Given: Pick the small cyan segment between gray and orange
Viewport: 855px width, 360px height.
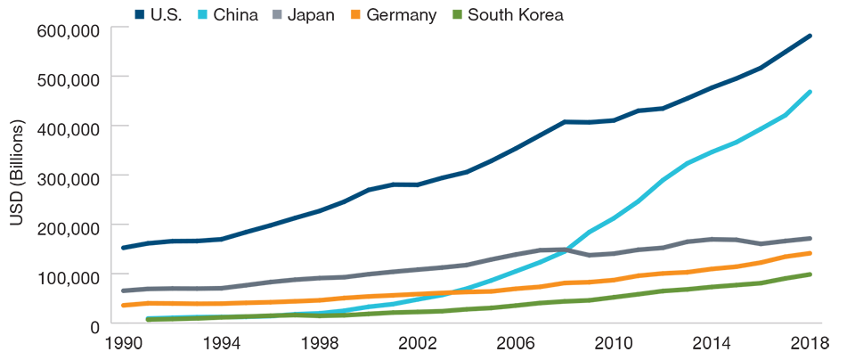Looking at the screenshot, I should pos(508,272).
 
